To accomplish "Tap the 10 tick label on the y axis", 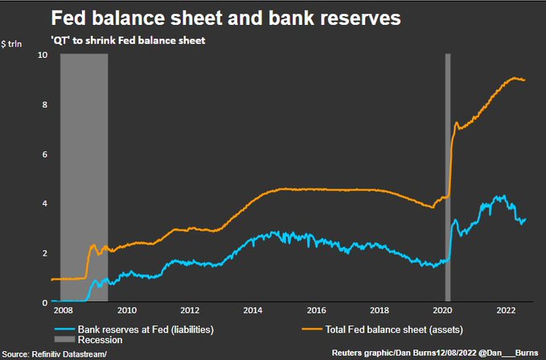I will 43,55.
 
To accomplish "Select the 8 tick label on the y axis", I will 45,105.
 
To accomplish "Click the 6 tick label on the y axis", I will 45,154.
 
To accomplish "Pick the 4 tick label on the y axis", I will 45,204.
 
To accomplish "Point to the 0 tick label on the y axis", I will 45,303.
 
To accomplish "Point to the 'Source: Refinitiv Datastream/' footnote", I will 54,354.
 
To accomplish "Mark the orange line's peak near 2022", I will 515,78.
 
